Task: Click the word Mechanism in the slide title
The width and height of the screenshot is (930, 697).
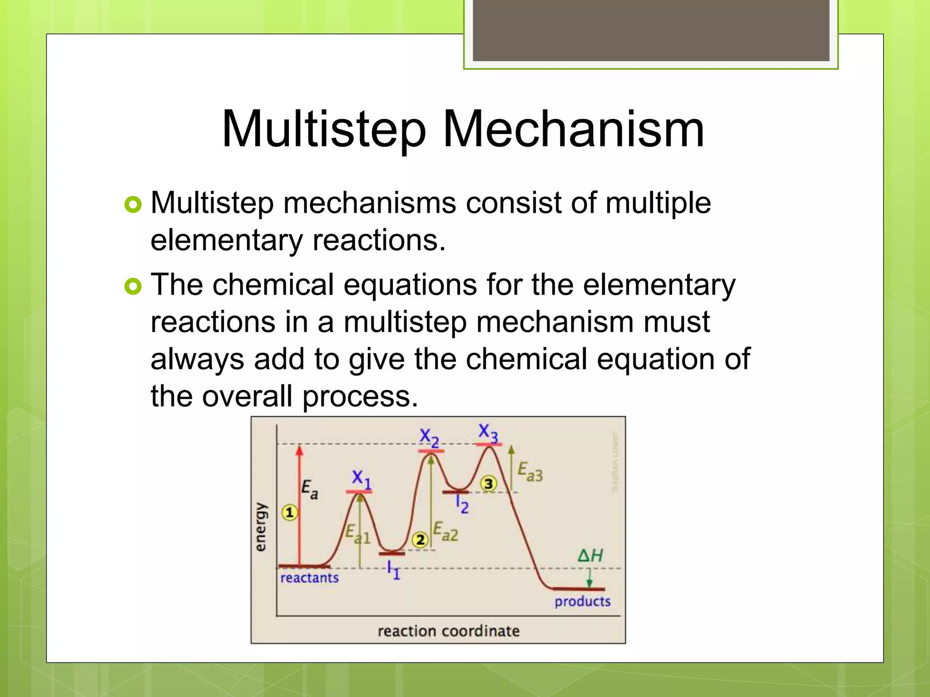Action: pos(573,130)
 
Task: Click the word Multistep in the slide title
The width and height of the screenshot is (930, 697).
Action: pos(324,130)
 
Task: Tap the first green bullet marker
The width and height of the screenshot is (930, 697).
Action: pos(133,205)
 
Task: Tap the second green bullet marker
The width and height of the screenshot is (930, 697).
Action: pos(133,286)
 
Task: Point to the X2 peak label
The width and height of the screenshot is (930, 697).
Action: pos(429,438)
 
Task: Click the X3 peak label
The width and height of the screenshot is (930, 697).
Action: pos(488,432)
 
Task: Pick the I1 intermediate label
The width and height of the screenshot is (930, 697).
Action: pos(393,570)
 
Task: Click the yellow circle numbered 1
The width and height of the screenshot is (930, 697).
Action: pos(289,513)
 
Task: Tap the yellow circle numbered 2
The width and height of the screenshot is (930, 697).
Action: pos(420,540)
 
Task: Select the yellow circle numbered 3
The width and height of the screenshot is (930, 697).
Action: pos(488,484)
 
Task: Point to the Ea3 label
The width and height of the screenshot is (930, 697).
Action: pos(530,471)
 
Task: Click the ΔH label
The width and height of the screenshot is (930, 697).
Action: pos(590,555)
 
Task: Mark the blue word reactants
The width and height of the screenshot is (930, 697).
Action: pos(309,578)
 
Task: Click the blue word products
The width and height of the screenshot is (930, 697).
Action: pos(582,602)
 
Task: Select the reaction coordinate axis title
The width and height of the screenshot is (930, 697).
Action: pos(448,631)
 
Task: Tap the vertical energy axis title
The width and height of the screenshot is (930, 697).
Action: pos(260,527)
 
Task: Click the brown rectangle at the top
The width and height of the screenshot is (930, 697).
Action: pos(651,30)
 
